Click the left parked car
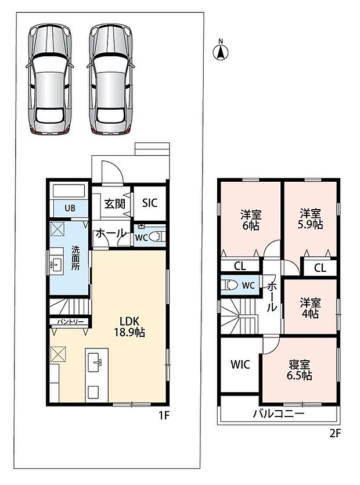coord(49,80)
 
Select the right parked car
coord(111,80)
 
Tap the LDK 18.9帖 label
coord(129,326)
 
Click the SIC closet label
coord(150,203)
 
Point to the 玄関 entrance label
coord(114,204)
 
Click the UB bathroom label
coord(70,208)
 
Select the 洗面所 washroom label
coord(75,258)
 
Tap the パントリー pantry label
coord(70,322)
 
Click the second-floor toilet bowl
coord(229,285)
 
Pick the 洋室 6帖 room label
coord(251,220)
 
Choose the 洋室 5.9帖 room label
coord(310,218)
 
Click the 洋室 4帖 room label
coord(310,308)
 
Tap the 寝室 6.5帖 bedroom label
coord(299,370)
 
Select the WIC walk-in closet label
coord(240,364)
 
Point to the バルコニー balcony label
coord(279,413)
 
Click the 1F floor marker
coord(164,415)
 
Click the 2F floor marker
coord(335,434)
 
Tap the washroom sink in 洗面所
coord(56,265)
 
